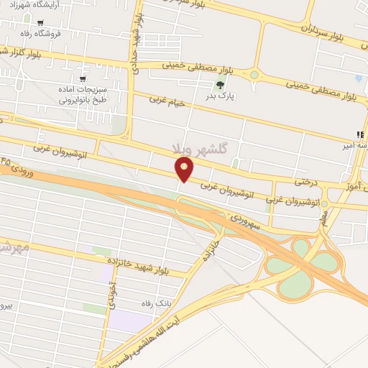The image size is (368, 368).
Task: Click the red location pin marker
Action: (185, 169)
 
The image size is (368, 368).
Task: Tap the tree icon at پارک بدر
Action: (220, 84)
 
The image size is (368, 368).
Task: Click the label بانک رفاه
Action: (156, 303)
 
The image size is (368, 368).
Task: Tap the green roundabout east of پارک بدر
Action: (254, 75)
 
